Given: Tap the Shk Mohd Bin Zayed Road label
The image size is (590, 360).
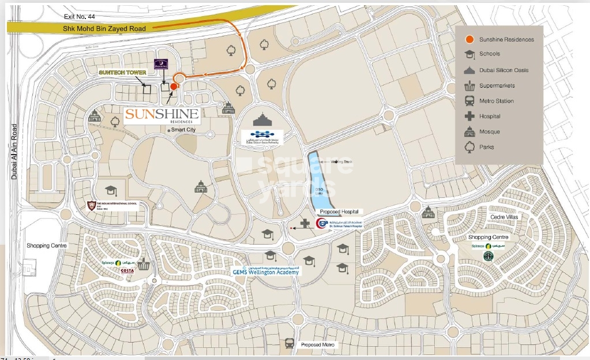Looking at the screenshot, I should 104,28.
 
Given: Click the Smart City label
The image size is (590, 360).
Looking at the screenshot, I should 183,130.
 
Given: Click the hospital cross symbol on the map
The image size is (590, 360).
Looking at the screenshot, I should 305,223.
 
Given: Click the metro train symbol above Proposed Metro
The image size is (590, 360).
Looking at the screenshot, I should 290,343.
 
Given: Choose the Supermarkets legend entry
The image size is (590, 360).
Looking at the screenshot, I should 497,86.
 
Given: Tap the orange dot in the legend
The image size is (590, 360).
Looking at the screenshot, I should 469,39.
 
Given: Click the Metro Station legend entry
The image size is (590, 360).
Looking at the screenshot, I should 496,101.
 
